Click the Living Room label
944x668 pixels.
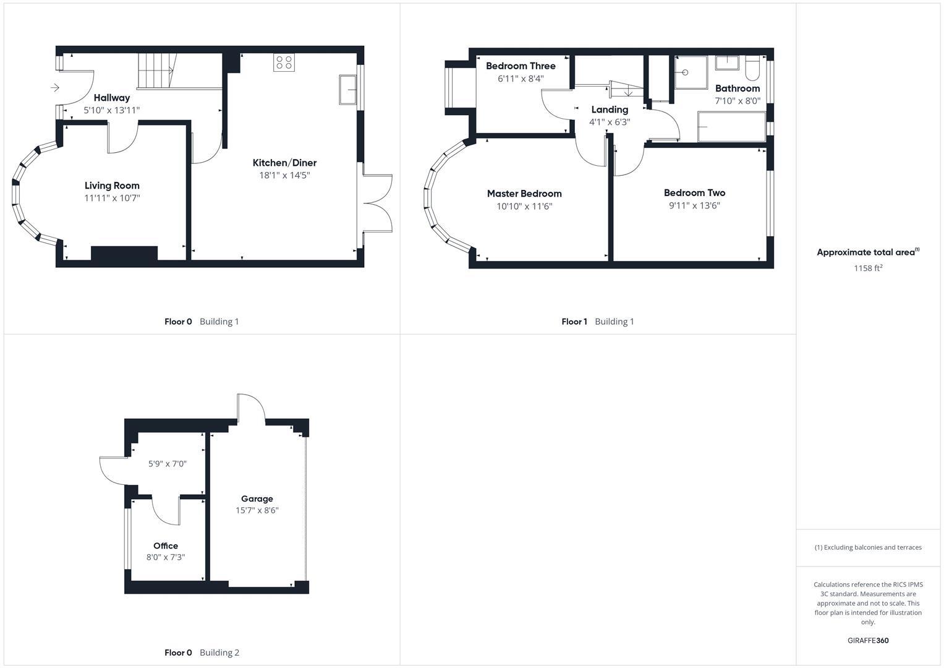(x=112, y=186)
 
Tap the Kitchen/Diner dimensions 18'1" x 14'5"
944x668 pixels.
(x=284, y=176)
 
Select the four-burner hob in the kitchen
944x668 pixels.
(x=284, y=62)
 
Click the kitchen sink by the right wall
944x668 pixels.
(x=347, y=90)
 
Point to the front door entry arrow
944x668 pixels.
(x=55, y=88)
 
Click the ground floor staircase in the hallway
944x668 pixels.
(x=156, y=71)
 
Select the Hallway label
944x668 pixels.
(x=112, y=98)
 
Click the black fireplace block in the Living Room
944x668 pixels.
(x=124, y=253)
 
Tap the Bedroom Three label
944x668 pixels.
(x=521, y=66)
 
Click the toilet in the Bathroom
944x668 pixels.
(x=752, y=68)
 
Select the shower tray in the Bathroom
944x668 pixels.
(x=691, y=72)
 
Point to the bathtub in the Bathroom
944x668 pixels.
(x=731, y=127)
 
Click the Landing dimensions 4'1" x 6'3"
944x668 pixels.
(x=610, y=122)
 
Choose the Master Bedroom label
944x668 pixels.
(x=524, y=194)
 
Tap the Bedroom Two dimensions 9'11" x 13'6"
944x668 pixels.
(x=694, y=206)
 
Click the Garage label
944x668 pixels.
(x=257, y=499)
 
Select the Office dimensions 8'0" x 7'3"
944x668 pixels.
(x=166, y=557)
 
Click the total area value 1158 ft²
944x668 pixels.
(x=868, y=268)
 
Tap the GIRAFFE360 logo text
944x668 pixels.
(x=868, y=641)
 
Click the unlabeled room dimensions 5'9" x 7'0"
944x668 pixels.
(x=168, y=464)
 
